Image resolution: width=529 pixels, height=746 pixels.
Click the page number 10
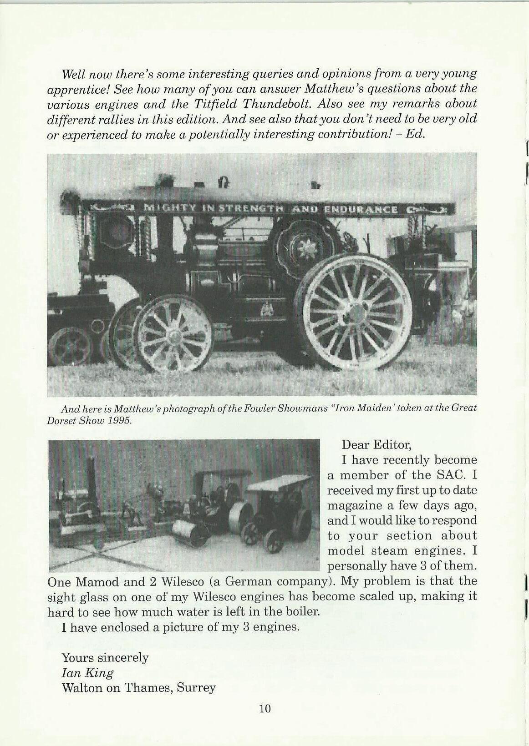pos(264,708)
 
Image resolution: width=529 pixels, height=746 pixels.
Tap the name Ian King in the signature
pos(87,672)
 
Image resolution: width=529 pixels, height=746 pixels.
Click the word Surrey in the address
pos(196,687)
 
